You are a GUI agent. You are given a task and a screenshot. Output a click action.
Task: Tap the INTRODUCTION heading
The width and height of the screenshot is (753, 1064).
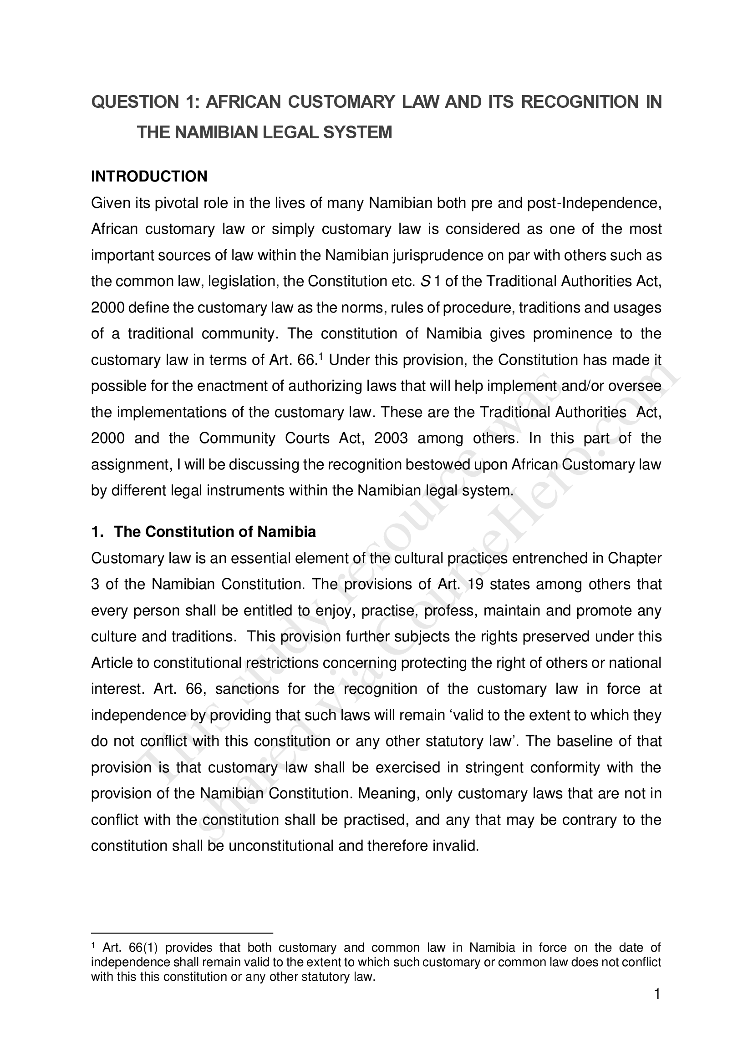[x=149, y=176]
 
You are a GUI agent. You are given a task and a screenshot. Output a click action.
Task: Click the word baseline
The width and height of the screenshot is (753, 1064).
[x=583, y=741]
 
